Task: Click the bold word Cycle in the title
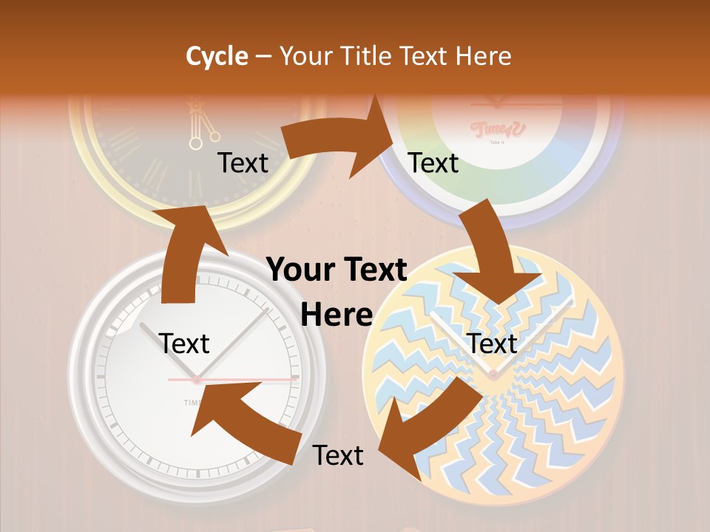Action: [217, 56]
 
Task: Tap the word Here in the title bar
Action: [479, 56]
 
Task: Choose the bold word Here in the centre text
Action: [337, 315]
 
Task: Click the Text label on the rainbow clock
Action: [433, 163]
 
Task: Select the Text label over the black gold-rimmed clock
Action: [243, 163]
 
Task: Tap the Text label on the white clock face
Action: [184, 344]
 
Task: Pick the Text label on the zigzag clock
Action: [493, 344]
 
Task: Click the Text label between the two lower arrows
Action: [338, 456]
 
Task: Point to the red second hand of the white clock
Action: [244, 379]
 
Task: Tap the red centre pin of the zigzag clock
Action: [493, 375]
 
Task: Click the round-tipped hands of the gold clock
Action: [203, 133]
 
